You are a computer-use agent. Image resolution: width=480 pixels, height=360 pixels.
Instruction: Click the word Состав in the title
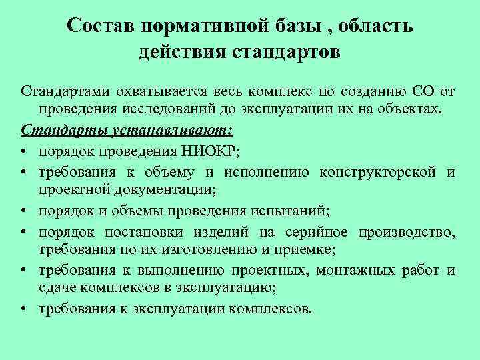pyautogui.click(x=101, y=26)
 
